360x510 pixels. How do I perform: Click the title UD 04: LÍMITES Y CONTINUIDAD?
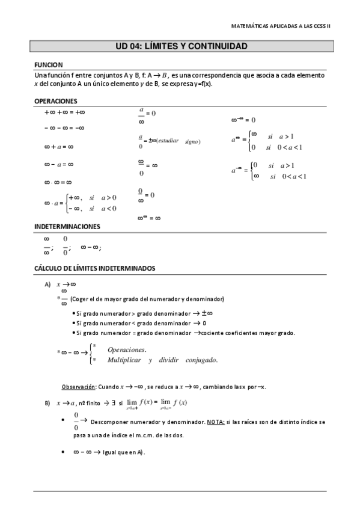pyautogui.click(x=180, y=46)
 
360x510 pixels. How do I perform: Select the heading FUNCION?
pyautogui.click(x=48, y=65)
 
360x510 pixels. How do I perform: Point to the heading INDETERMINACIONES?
pyautogui.click(x=67, y=227)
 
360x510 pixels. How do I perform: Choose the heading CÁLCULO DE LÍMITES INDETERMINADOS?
pyautogui.click(x=95, y=267)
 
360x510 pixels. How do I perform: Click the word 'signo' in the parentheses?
pyautogui.click(x=192, y=141)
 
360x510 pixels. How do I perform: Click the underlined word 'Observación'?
pyautogui.click(x=79, y=386)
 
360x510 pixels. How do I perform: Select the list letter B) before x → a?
pyautogui.click(x=47, y=402)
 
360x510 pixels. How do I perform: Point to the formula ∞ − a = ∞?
pyautogui.click(x=58, y=164)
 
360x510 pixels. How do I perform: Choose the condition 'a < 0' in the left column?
pyautogui.click(x=109, y=209)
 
